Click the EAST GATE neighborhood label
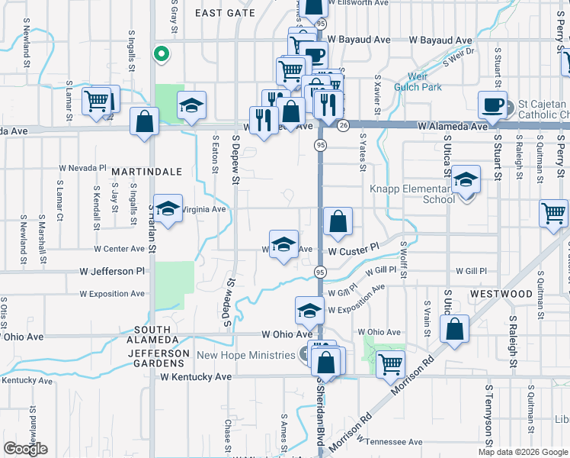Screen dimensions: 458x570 pyautogui.click(x=225, y=13)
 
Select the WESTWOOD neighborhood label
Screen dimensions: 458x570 pyautogui.click(x=501, y=294)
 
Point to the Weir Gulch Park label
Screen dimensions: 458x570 pyautogui.click(x=418, y=82)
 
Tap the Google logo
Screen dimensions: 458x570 pyautogui.click(x=25, y=449)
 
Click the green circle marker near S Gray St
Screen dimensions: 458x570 pyautogui.click(x=161, y=53)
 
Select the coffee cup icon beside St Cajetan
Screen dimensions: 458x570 pyautogui.click(x=492, y=104)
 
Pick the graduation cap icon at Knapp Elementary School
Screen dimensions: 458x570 pyautogui.click(x=466, y=179)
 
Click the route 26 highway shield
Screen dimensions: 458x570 pyautogui.click(x=344, y=126)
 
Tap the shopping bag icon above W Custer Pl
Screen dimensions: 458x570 pyautogui.click(x=338, y=222)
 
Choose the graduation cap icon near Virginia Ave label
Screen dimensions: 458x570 pyautogui.click(x=168, y=208)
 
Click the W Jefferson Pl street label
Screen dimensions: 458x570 pyautogui.click(x=112, y=271)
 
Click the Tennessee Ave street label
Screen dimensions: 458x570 pyautogui.click(x=393, y=442)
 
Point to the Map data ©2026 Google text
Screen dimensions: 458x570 pyautogui.click(x=523, y=452)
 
